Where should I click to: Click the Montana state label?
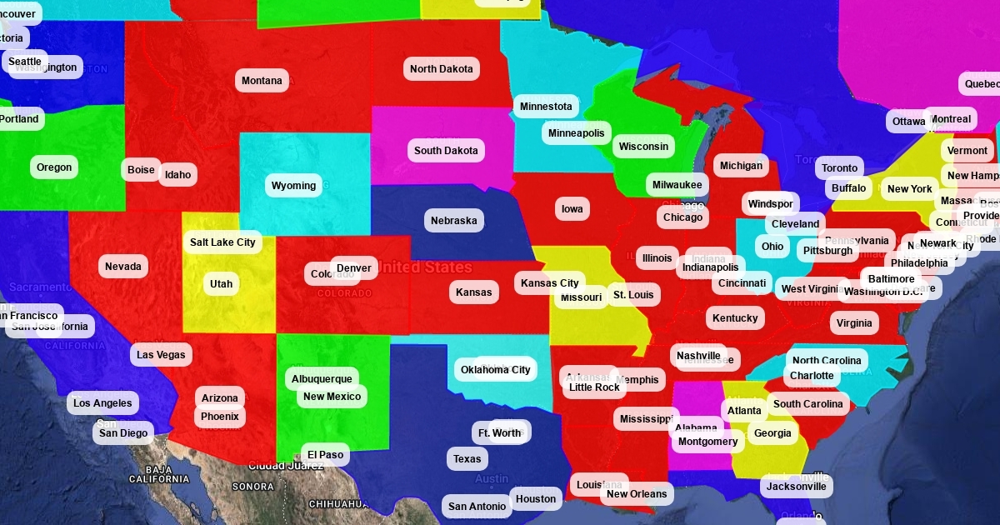point(262,81)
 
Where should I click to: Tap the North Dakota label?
point(441,69)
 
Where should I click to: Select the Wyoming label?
point(293,186)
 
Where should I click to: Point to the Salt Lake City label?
point(222,242)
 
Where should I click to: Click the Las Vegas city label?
point(161,355)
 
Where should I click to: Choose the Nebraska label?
point(453,221)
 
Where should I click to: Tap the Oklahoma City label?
point(495,370)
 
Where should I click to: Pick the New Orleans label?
point(637,494)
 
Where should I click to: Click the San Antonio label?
point(477,507)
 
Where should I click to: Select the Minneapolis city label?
point(576,133)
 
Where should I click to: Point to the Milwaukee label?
point(677,185)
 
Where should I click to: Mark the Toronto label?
point(839,168)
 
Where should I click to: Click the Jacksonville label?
point(796,487)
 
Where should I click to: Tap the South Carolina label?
point(807,404)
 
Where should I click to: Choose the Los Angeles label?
point(102,403)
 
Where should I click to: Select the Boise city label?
point(141,170)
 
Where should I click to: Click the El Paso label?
point(325,455)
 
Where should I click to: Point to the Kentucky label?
point(735,318)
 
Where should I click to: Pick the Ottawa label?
point(907,122)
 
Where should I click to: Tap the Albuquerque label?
point(322,379)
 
